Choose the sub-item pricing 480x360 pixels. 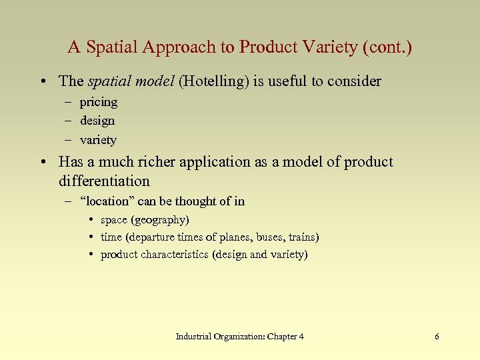99,102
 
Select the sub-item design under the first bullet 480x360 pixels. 97,121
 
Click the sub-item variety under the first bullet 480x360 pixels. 98,140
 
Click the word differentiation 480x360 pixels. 104,181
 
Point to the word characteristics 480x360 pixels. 175,255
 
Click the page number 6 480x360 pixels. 437,337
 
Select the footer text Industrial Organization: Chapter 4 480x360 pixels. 240,337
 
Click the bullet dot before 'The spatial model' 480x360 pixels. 43,82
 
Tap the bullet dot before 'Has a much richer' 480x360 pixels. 43,163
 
